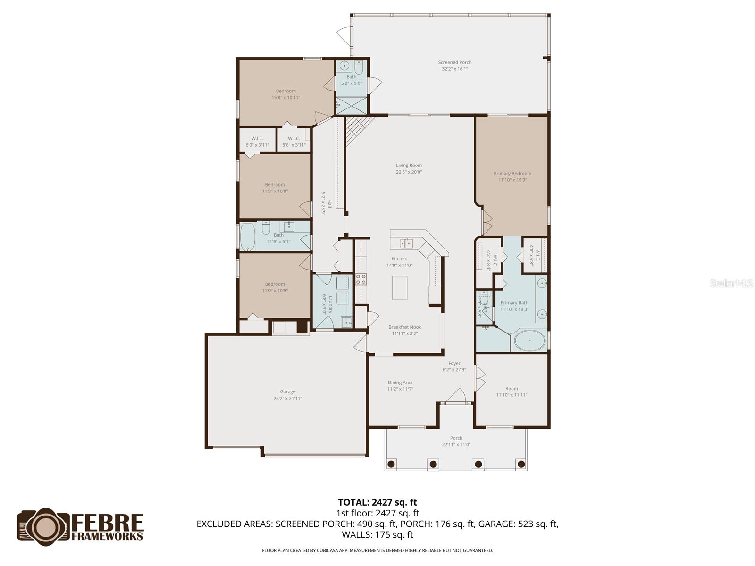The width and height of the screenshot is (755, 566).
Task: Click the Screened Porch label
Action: tap(454, 62)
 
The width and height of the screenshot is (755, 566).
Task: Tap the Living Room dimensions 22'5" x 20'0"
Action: tap(409, 172)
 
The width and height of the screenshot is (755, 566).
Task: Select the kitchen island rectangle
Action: tap(400, 288)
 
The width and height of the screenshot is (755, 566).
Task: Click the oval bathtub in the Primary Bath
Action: tap(529, 340)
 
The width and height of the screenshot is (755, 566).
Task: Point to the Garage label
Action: tap(287, 391)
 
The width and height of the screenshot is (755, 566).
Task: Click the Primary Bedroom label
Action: tap(512, 174)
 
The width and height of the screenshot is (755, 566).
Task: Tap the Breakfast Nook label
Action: tap(404, 327)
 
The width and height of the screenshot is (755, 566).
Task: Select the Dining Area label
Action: tap(400, 383)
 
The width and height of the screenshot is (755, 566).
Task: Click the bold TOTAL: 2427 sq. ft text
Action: tap(377, 502)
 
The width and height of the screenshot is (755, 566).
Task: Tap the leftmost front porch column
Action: tap(391, 464)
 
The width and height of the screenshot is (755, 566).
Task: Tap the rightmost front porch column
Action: tap(521, 464)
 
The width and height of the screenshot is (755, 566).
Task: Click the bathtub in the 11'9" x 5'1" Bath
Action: tap(248, 236)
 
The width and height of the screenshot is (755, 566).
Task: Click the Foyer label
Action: tap(454, 363)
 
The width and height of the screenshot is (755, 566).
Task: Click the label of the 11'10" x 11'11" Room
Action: tap(512, 389)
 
